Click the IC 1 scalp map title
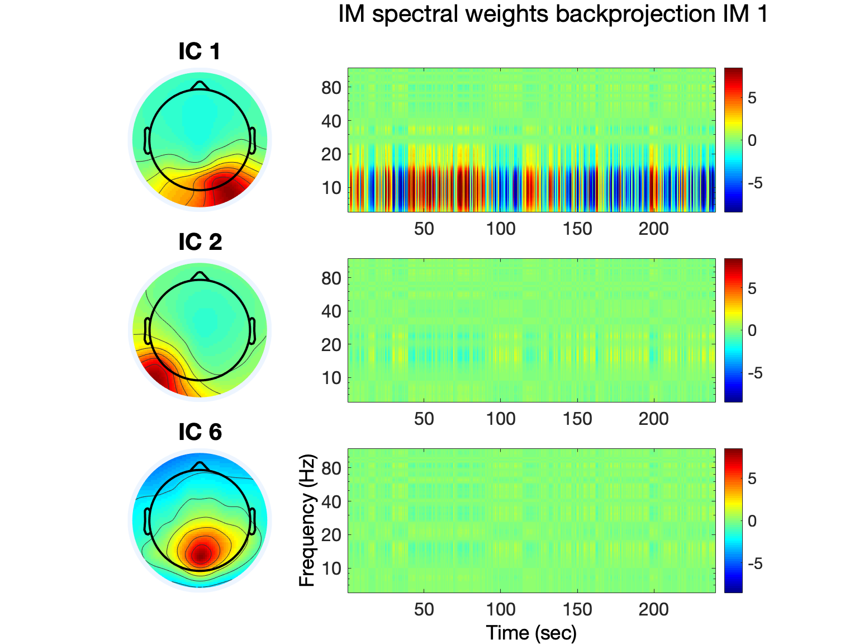(x=200, y=51)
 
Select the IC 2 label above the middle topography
(x=200, y=242)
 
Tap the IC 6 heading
(x=200, y=432)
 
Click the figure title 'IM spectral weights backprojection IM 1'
(x=553, y=14)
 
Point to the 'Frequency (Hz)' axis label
(x=307, y=520)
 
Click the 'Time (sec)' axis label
(x=531, y=633)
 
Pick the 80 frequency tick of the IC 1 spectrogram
(x=331, y=88)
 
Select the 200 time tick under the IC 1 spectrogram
(x=653, y=229)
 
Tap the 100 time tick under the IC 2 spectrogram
(x=500, y=419)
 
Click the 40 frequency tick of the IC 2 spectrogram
(x=331, y=311)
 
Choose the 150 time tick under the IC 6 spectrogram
(x=577, y=609)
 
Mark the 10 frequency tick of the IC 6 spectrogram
(x=331, y=569)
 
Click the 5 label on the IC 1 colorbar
(x=752, y=98)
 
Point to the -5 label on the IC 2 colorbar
(x=754, y=373)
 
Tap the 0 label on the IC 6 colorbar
(x=752, y=521)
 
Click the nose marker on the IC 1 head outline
(x=200, y=85)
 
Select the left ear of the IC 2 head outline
(x=147, y=330)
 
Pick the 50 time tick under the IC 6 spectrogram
(x=424, y=609)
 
